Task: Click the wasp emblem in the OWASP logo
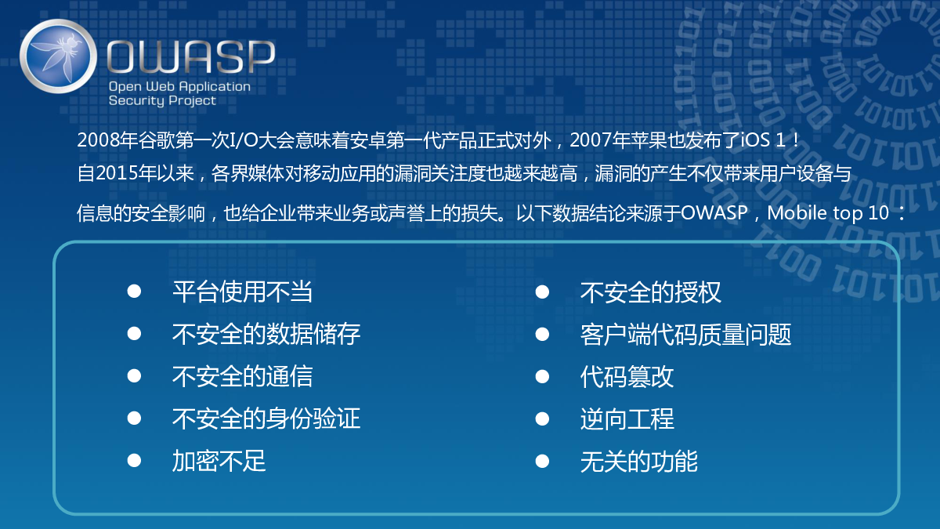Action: click(58, 56)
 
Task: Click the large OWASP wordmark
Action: click(191, 56)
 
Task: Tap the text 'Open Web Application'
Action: click(179, 87)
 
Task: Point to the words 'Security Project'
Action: click(162, 101)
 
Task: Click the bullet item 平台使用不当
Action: click(243, 292)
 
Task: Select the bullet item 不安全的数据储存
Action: click(266, 334)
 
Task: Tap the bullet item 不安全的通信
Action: click(243, 376)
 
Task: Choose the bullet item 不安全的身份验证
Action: click(266, 418)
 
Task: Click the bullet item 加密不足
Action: click(219, 461)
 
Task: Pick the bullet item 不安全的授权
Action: click(651, 292)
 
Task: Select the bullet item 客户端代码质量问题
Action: click(685, 335)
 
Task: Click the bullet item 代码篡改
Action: click(627, 377)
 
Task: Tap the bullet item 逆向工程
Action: click(627, 419)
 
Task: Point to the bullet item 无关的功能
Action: click(639, 462)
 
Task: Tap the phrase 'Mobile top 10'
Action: click(828, 213)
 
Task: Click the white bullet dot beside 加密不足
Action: click(134, 461)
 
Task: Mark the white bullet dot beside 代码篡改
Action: click(542, 377)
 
